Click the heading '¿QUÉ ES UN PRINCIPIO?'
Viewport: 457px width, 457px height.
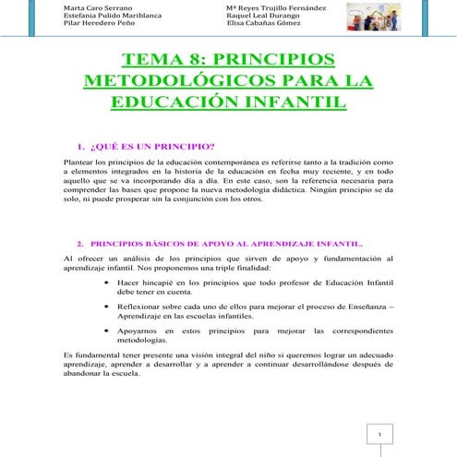(x=151, y=146)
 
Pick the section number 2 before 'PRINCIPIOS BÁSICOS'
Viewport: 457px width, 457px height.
(x=79, y=235)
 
